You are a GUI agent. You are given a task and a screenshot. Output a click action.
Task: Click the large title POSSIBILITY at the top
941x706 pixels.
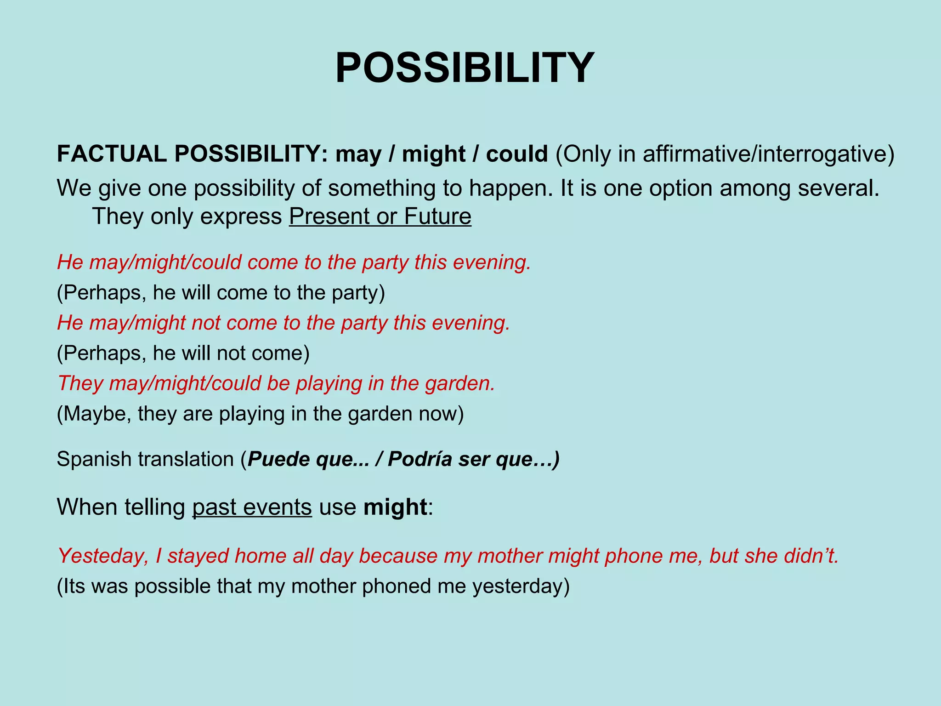click(x=465, y=68)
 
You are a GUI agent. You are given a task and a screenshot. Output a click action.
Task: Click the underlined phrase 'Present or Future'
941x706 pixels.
click(x=380, y=216)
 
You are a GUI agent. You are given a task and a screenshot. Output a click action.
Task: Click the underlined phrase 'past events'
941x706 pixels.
click(x=252, y=507)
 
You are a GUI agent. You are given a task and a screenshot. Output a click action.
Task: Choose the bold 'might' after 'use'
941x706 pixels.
click(x=395, y=507)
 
